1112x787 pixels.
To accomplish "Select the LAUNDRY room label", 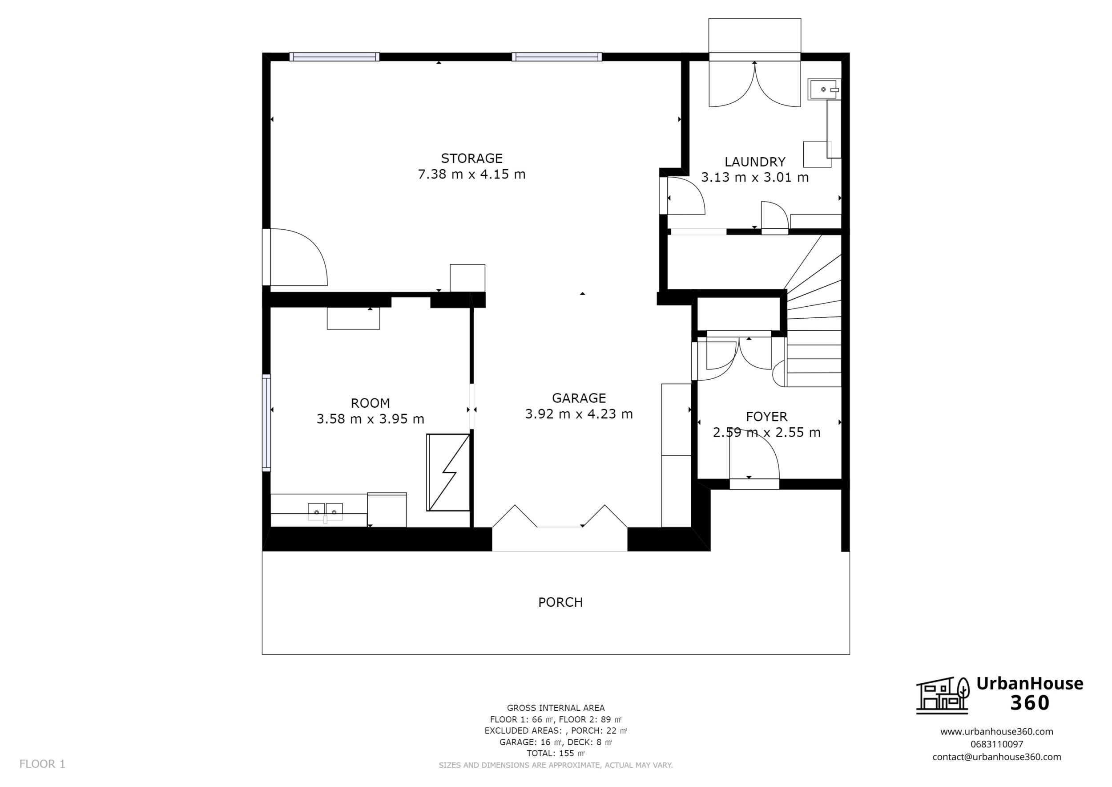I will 754,162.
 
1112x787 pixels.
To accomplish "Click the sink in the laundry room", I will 823,89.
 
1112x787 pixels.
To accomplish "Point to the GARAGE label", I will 579,398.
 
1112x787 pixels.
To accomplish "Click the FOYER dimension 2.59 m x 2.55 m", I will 766,432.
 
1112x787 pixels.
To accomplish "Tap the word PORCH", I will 560,602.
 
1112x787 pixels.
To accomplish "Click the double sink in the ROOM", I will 325,512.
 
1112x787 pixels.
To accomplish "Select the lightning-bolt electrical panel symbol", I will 448,472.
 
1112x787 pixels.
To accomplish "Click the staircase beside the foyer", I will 814,339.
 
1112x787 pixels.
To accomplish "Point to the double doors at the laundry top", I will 754,85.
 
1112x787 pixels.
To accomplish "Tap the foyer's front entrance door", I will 754,465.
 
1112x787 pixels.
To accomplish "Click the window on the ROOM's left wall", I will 266,422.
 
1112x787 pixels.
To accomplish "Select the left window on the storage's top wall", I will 334,57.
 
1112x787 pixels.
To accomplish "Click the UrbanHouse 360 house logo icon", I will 942,696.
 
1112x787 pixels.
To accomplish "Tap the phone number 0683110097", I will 996,744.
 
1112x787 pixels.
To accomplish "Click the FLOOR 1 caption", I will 42,764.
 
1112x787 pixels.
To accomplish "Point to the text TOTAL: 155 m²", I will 556,753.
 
